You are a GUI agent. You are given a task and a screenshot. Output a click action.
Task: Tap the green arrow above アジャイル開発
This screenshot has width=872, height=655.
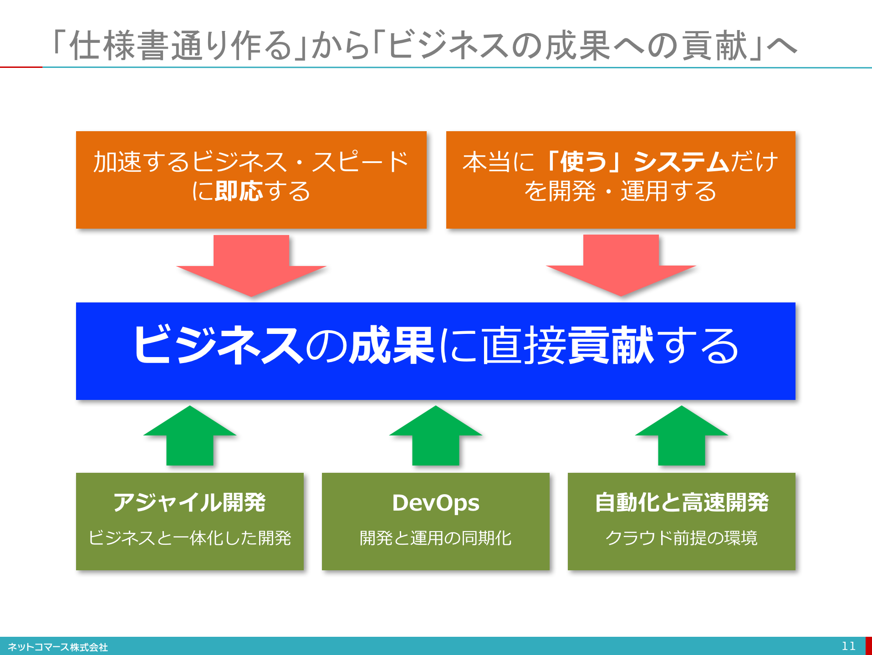click(x=190, y=435)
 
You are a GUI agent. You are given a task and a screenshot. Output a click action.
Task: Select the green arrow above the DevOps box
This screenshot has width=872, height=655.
click(x=436, y=435)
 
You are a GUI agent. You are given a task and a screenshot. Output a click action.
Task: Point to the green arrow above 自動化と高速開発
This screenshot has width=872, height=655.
click(x=682, y=435)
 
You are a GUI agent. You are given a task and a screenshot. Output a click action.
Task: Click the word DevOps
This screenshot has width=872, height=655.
click(x=436, y=503)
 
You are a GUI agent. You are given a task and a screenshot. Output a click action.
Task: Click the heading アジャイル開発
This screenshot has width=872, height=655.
click(x=189, y=502)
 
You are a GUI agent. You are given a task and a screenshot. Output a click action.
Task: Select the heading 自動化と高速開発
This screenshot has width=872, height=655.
click(x=682, y=502)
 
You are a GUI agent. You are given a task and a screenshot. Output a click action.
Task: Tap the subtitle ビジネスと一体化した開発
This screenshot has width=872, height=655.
click(x=190, y=538)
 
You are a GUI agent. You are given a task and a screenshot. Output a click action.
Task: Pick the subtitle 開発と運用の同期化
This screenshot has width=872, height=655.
click(x=436, y=538)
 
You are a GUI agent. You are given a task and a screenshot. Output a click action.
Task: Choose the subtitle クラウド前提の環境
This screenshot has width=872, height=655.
click(x=682, y=538)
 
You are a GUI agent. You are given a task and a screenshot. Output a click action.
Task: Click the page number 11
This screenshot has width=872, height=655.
click(x=849, y=646)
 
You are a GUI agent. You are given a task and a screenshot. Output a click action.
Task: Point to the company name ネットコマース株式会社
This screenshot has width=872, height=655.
click(x=58, y=647)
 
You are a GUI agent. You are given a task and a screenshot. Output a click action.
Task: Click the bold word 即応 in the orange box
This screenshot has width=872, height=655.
click(x=239, y=191)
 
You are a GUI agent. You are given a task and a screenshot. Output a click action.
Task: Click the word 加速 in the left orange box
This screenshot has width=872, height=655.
click(x=117, y=162)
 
